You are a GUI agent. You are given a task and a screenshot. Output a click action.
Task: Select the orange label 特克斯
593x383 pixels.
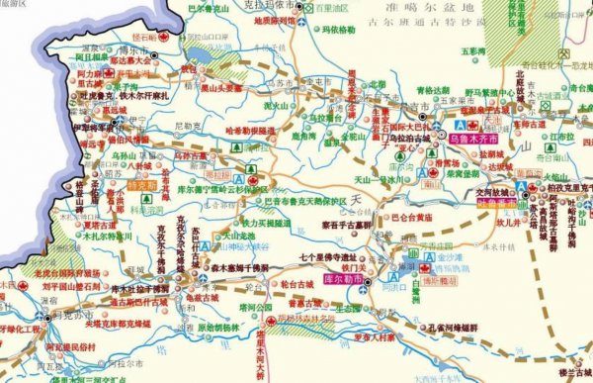tap(142, 184)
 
